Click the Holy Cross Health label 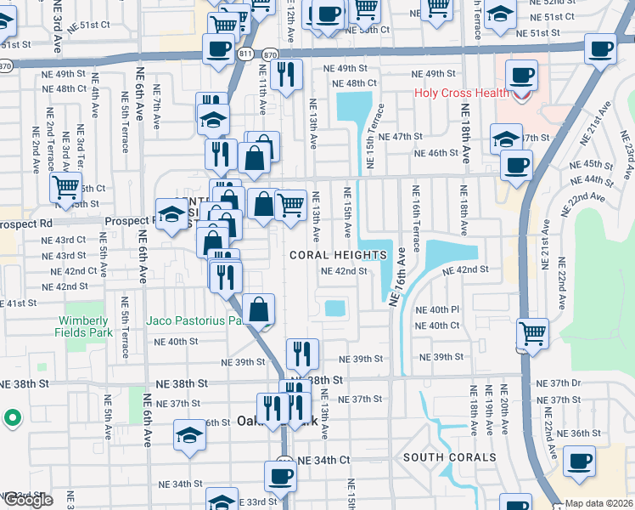[x=459, y=93]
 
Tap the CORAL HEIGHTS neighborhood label [x=338, y=255]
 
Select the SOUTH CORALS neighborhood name [x=449, y=457]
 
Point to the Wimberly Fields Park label [x=83, y=326]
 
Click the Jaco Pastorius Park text [x=203, y=321]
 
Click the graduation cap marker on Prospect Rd [x=171, y=214]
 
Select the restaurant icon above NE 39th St [x=302, y=352]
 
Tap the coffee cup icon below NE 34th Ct [x=280, y=476]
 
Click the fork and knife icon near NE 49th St [x=287, y=74]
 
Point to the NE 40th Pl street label [x=437, y=310]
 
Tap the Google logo [x=27, y=500]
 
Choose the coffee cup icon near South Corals [x=580, y=461]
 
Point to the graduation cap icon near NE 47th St [x=506, y=139]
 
